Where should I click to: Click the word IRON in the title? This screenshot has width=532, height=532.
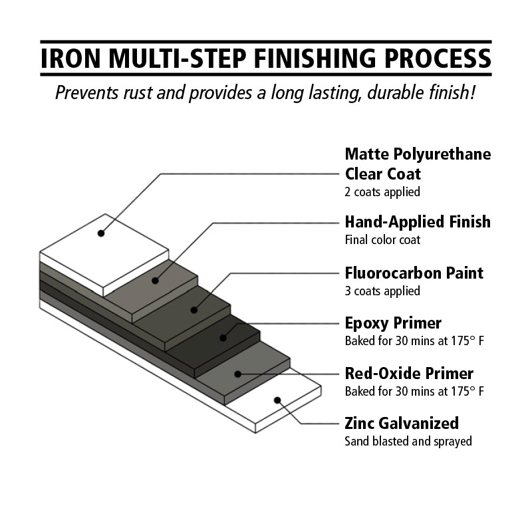tap(70, 59)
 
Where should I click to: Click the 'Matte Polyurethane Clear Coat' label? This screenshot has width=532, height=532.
tap(418, 164)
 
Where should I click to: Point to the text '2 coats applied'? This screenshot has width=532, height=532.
tap(382, 192)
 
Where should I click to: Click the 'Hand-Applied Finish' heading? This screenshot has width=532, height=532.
tap(418, 222)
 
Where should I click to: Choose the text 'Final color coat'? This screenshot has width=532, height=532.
tap(382, 240)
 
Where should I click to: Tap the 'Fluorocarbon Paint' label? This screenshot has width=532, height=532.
tap(414, 273)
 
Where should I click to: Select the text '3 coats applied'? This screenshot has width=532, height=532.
tap(382, 291)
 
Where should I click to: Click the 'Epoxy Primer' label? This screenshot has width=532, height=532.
tap(393, 323)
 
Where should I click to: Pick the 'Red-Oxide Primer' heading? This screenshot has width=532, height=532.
tap(409, 374)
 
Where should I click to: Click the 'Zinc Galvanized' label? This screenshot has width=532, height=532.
tap(402, 424)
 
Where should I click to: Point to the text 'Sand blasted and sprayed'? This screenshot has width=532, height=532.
tap(408, 442)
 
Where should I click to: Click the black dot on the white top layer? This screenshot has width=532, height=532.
tap(101, 233)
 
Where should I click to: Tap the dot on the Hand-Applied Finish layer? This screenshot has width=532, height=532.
tap(155, 281)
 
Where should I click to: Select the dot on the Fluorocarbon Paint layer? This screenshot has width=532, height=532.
tap(194, 310)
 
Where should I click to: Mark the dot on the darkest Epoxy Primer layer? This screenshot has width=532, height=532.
tap(223, 338)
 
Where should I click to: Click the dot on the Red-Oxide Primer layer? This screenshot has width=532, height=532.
tap(238, 374)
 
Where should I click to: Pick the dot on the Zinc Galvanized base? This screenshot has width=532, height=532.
tap(277, 400)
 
